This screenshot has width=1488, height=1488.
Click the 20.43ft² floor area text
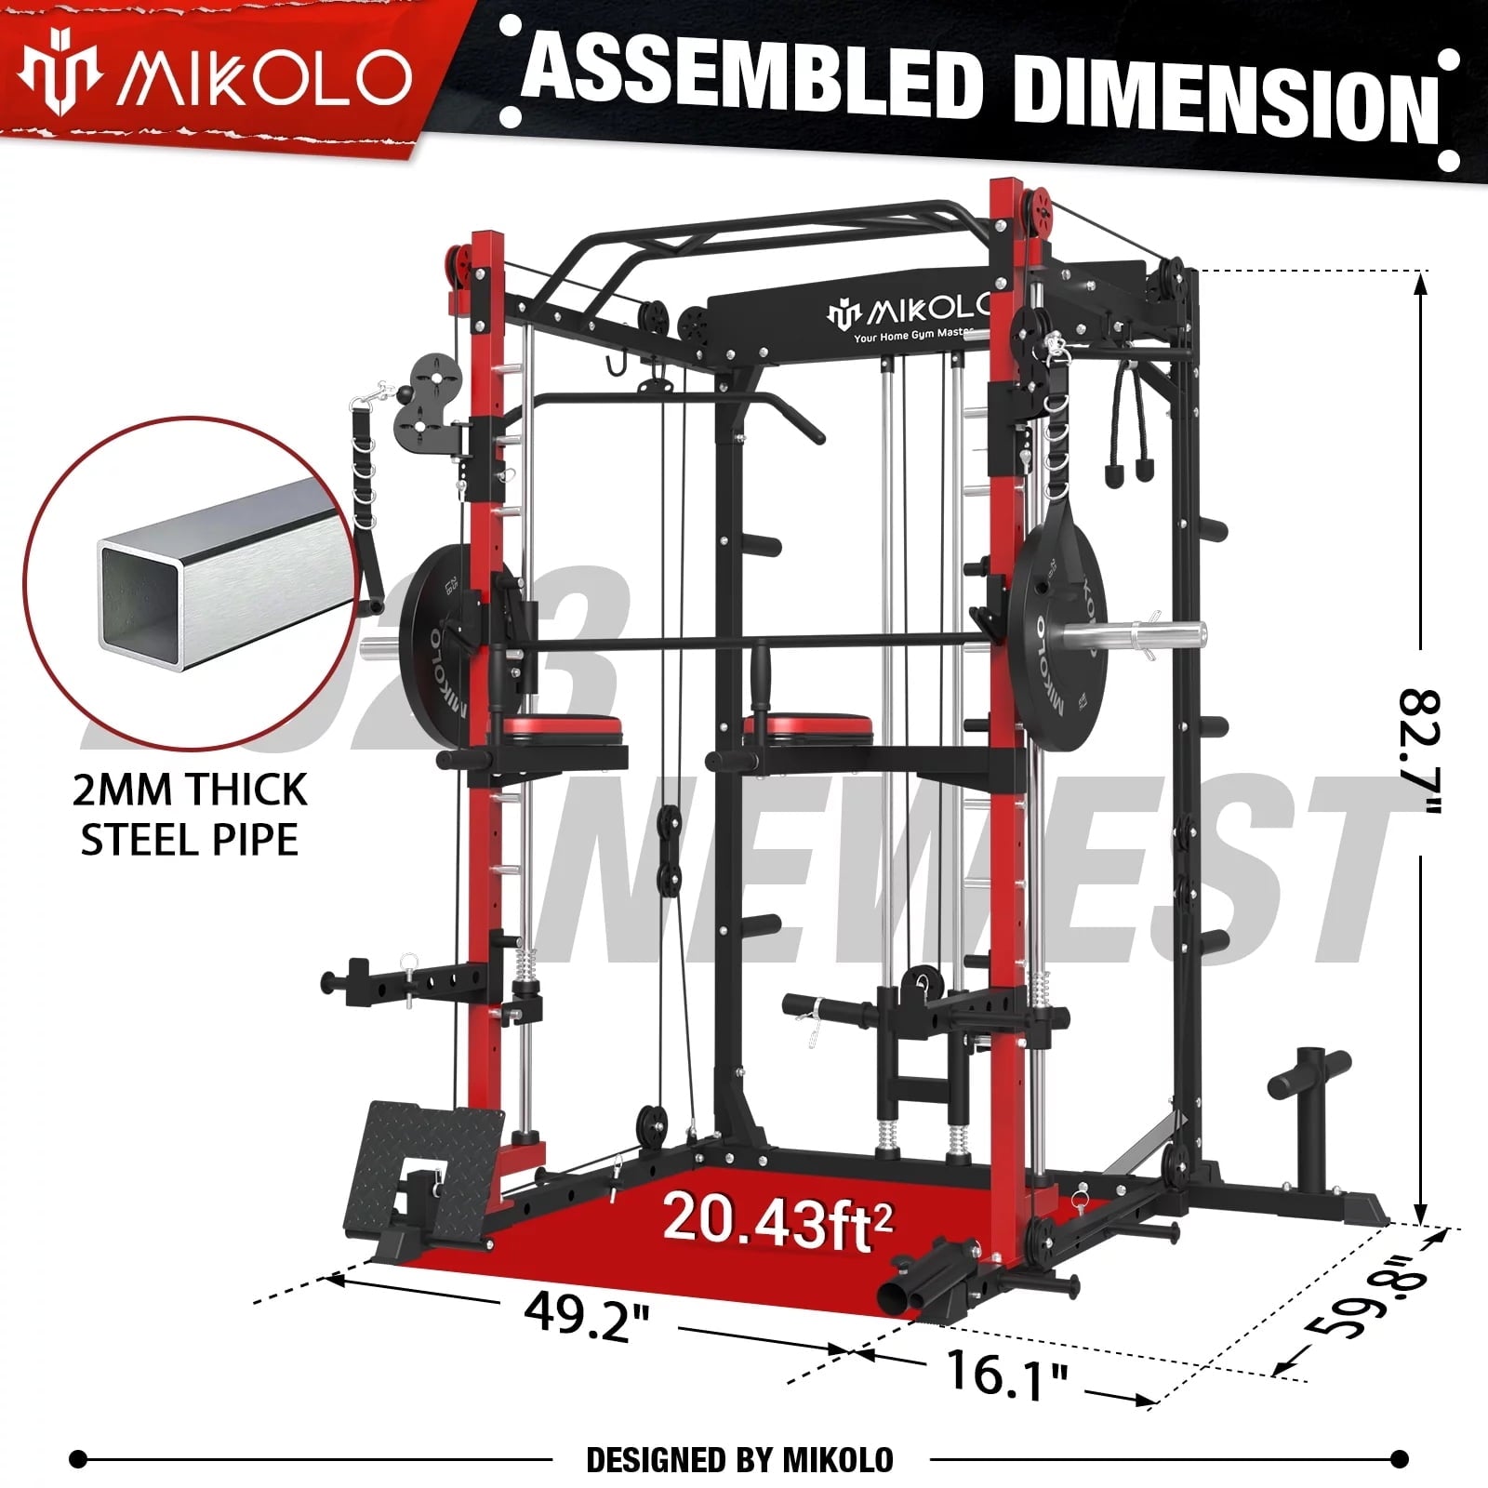pyautogui.click(x=777, y=1218)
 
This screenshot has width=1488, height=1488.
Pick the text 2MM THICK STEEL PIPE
pyautogui.click(x=190, y=815)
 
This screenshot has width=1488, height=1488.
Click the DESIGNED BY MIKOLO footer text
pyautogui.click(x=739, y=1459)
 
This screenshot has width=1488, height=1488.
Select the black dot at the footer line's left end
pyautogui.click(x=80, y=1458)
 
